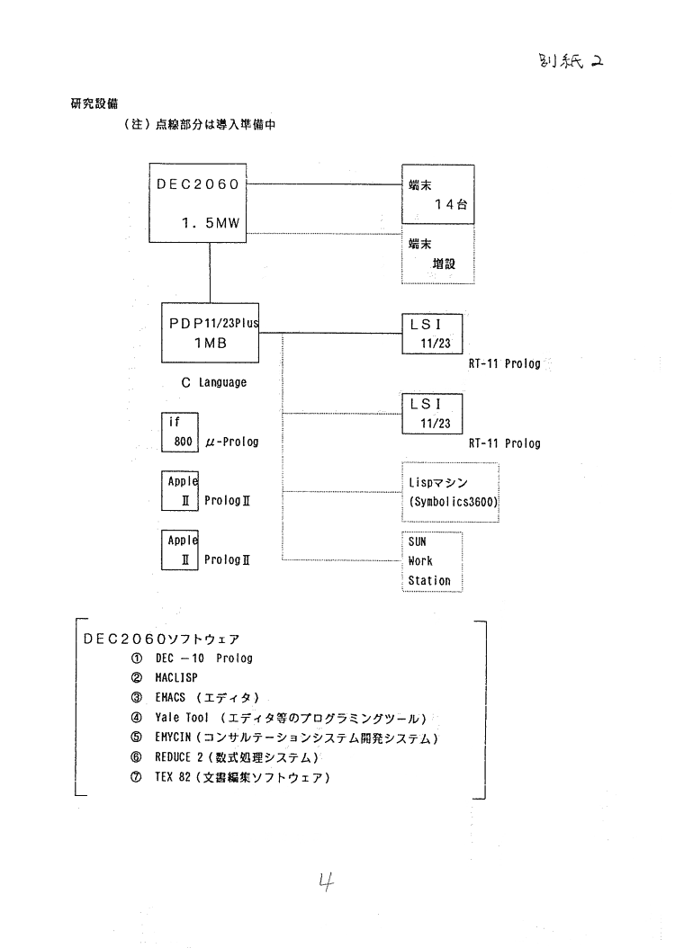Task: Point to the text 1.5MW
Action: [211, 221]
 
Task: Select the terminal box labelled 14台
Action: [437, 192]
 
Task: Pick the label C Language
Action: [207, 382]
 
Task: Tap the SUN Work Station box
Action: [431, 561]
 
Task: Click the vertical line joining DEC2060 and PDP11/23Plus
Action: [211, 272]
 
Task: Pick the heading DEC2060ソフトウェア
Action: [161, 639]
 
